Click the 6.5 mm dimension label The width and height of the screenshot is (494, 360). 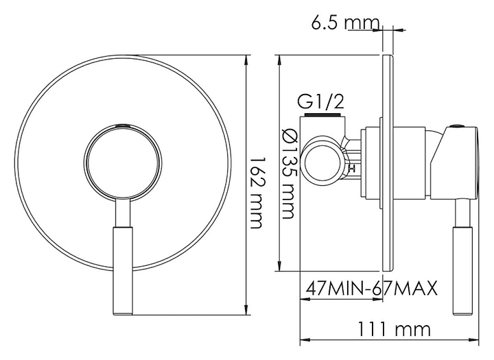[x=346, y=23]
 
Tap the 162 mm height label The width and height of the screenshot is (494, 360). [x=256, y=193]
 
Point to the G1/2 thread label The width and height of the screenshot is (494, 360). [x=321, y=101]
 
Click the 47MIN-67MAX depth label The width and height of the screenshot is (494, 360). [x=372, y=288]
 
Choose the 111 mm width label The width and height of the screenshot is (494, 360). [x=394, y=329]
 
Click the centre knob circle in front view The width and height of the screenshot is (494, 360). [x=123, y=163]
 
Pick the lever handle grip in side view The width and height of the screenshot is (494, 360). [x=462, y=271]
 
